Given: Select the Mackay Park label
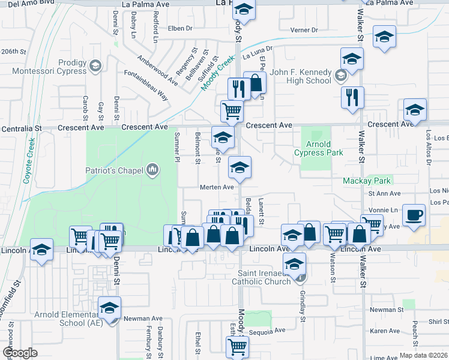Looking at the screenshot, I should pyautogui.click(x=366, y=181).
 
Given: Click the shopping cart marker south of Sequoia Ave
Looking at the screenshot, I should pyautogui.click(x=237, y=346).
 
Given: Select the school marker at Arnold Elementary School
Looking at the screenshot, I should pyautogui.click(x=110, y=308).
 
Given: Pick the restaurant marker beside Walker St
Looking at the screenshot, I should pyautogui.click(x=352, y=97).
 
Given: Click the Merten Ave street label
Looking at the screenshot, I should pyautogui.click(x=216, y=187).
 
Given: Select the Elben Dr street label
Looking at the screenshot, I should pyautogui.click(x=180, y=28).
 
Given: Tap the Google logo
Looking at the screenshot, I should pyautogui.click(x=20, y=353).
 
